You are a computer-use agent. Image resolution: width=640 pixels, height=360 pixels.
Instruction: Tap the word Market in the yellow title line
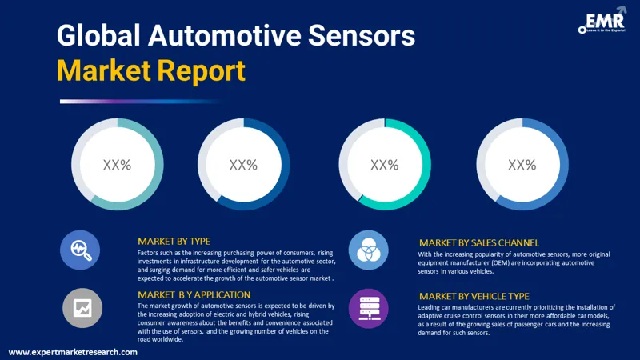coord(103,71)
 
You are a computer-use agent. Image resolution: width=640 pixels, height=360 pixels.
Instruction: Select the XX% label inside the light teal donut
coord(117,165)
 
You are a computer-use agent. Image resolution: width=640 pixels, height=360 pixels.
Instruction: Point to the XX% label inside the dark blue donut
coord(243,165)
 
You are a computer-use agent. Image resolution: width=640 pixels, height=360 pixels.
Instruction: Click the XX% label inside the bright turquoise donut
coord(384,165)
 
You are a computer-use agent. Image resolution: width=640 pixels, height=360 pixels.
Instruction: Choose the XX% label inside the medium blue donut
coord(522,165)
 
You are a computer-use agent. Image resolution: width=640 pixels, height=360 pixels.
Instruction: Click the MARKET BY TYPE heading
coord(174,241)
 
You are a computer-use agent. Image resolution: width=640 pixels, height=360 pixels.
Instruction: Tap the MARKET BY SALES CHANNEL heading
coord(479,242)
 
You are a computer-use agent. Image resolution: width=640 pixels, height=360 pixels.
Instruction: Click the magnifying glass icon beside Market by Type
coord(80,250)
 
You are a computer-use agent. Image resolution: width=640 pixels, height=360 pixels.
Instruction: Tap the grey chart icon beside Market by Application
coord(80,307)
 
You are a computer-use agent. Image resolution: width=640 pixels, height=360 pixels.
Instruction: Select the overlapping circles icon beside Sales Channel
coord(369,250)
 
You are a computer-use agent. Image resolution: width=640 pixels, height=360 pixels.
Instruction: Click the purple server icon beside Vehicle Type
coord(369,307)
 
